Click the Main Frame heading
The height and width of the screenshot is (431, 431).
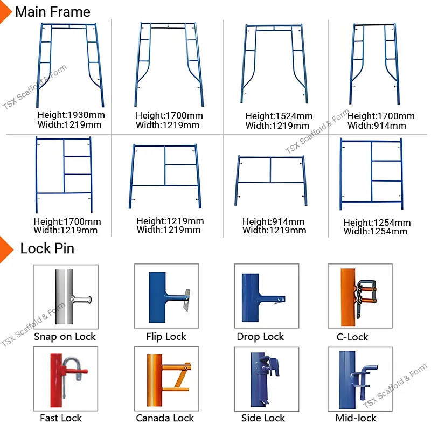tap(52, 11)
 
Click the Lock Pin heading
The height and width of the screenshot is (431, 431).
tap(47, 248)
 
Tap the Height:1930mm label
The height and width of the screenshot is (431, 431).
tap(71, 115)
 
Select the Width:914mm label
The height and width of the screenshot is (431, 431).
tap(376, 126)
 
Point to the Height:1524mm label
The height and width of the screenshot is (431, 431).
tap(279, 116)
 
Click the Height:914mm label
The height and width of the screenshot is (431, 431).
tap(273, 221)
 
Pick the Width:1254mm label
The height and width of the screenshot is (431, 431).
tap(376, 232)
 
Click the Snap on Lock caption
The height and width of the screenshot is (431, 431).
tap(65, 337)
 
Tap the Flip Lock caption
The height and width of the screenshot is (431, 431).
tap(166, 337)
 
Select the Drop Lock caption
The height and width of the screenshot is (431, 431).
tap(260, 337)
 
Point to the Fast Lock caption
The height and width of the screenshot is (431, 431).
tap(61, 418)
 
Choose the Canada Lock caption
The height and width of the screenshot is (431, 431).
tap(165, 418)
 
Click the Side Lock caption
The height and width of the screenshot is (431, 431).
tap(263, 418)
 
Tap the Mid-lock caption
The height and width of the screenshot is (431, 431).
tap(356, 418)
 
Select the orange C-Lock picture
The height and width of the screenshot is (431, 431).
tap(360, 296)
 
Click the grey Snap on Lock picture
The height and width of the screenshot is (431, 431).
tap(66, 296)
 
